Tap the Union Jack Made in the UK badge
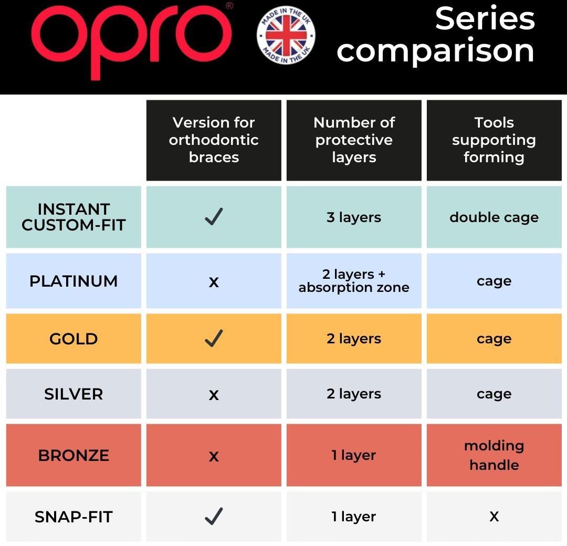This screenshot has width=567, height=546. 286,35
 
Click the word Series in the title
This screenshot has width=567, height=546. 485,19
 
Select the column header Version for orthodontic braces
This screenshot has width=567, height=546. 214,140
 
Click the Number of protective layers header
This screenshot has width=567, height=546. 354,140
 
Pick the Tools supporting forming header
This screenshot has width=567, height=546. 494,140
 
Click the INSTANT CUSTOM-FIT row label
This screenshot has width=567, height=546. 74,217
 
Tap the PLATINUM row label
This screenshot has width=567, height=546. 74,281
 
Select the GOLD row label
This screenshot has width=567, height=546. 74,339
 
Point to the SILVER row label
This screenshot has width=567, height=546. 74,394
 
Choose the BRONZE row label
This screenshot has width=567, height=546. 74,455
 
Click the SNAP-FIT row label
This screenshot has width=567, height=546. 74,517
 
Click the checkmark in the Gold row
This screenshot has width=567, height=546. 214,339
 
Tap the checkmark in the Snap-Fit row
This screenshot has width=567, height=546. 214,516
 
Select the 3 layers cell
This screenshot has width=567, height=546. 354,217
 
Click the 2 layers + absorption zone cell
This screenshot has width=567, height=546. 354,281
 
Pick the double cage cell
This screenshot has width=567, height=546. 494,217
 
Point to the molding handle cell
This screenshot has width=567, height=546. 494,455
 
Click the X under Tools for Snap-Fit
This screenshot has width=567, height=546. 494,517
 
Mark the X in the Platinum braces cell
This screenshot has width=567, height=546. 214,282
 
